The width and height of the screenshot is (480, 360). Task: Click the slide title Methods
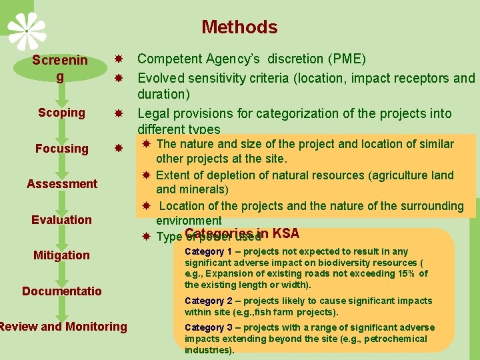tap(239, 27)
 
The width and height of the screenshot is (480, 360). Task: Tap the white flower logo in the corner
tap(27, 30)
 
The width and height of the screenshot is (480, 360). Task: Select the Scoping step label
tap(61, 113)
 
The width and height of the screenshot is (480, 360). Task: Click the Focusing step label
tap(61, 149)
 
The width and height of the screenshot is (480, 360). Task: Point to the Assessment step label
tap(62, 184)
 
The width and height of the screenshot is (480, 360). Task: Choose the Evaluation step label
tap(62, 220)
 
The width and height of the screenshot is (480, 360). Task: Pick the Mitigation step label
tap(61, 255)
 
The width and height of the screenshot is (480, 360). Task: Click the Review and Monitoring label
tap(63, 327)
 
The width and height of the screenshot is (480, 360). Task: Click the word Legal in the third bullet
tap(154, 113)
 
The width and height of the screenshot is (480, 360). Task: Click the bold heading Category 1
tap(208, 252)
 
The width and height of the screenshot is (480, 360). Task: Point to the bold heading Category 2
tap(208, 301)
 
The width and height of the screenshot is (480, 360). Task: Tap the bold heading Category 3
tap(208, 328)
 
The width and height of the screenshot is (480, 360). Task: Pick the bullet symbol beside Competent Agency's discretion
tap(118, 59)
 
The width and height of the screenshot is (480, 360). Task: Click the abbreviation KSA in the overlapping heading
tap(285, 233)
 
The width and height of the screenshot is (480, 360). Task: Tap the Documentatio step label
tap(62, 291)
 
